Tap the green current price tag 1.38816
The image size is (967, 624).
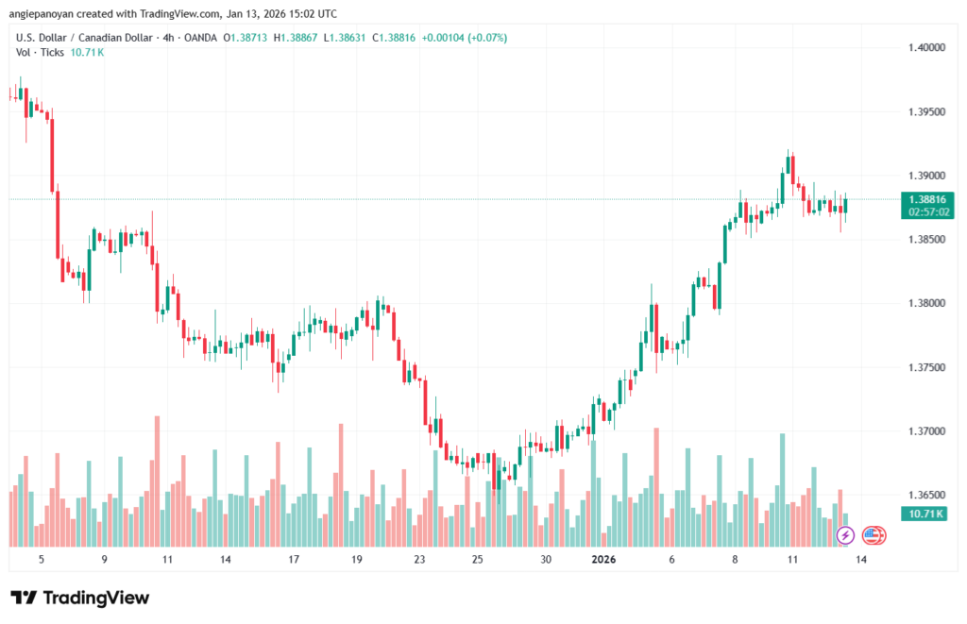(926, 199)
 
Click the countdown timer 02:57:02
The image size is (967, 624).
(926, 212)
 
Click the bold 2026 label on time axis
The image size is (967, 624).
(603, 559)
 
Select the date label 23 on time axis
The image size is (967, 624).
(419, 559)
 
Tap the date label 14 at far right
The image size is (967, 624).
(861, 559)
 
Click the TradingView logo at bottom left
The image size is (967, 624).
(79, 598)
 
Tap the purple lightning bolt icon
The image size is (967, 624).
(845, 535)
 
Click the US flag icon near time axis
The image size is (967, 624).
(874, 535)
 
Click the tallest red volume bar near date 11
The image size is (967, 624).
(156, 481)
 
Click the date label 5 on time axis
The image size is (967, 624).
(41, 559)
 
